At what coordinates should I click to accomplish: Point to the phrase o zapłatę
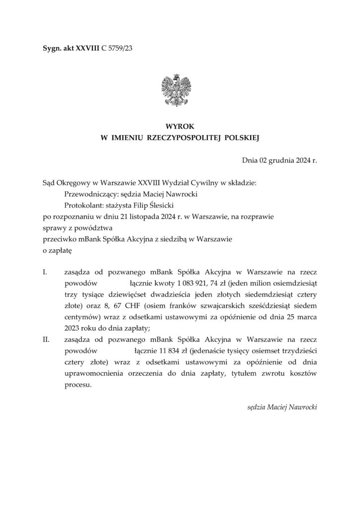[58, 250]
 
